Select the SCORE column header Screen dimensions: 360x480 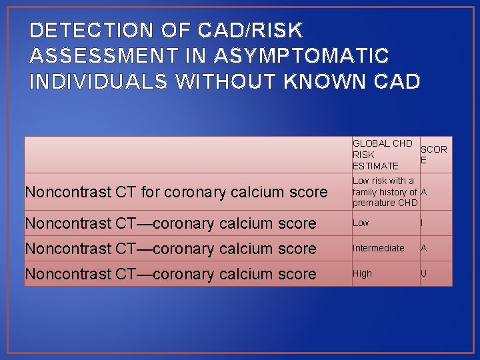click(x=433, y=155)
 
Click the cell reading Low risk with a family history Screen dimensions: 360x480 click(x=384, y=191)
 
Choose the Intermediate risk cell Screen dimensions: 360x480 click(x=379, y=248)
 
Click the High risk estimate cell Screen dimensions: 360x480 click(x=362, y=273)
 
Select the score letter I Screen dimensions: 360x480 click(x=423, y=223)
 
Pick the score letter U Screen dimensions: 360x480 click(x=423, y=273)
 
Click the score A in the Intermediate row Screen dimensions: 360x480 click(x=423, y=248)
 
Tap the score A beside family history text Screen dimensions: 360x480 click(x=424, y=192)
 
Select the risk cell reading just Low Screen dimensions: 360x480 click(x=361, y=223)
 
